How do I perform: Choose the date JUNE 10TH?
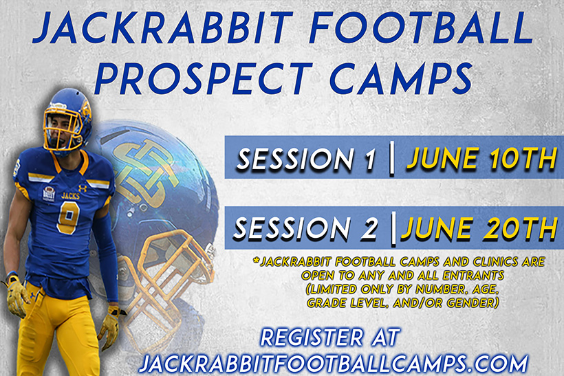click(x=480, y=159)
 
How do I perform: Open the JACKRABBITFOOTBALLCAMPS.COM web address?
click(x=333, y=362)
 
